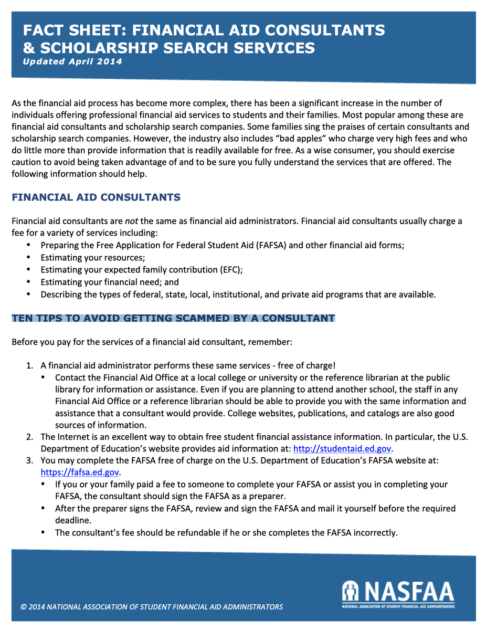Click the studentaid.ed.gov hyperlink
[x=342, y=448]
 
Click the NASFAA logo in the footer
[x=398, y=594]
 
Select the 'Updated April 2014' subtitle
[x=72, y=61]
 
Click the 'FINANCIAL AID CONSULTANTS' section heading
[x=96, y=197]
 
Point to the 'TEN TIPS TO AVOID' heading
[x=173, y=318]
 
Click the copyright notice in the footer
[x=152, y=607]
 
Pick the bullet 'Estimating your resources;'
[x=92, y=258]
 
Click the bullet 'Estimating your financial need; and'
[x=110, y=282]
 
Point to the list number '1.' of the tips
[x=30, y=365]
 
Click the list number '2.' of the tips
[x=30, y=437]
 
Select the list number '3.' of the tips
[x=30, y=460]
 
